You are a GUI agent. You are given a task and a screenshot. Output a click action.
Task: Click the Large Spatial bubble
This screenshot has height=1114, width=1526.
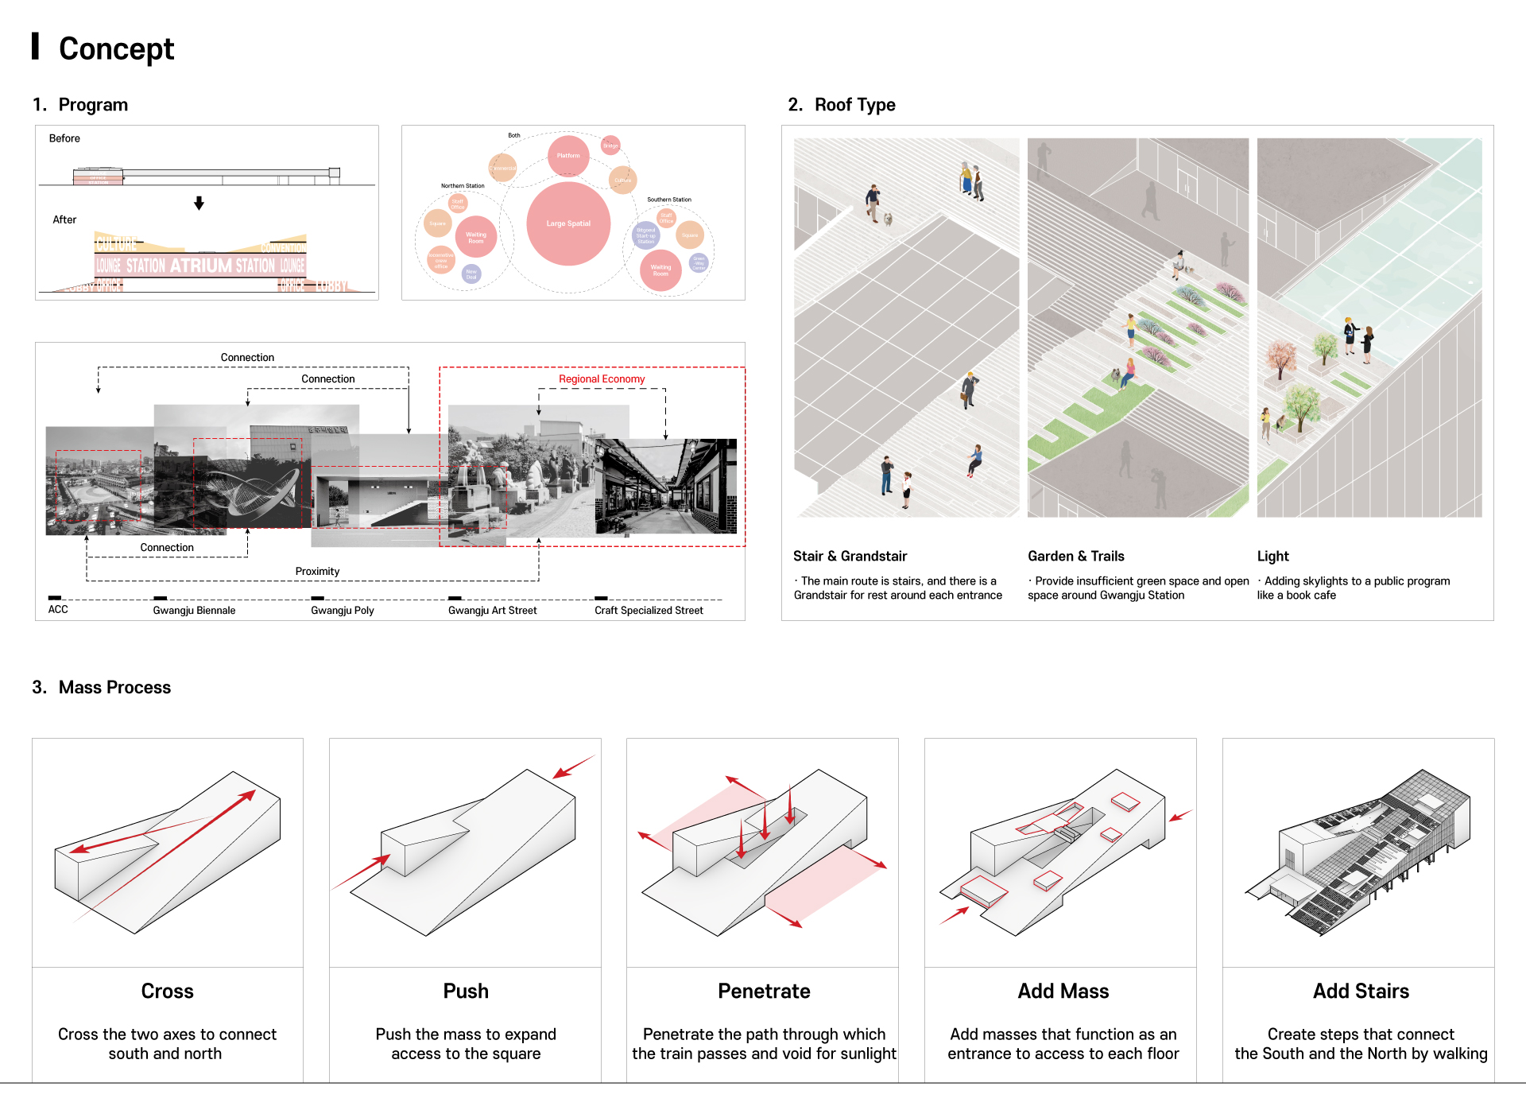568,223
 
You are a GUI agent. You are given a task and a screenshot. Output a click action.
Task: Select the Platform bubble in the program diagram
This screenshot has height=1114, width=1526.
567,156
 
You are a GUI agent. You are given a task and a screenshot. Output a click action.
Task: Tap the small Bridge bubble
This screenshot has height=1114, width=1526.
610,146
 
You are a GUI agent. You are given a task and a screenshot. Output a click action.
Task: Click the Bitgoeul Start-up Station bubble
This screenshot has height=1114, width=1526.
646,235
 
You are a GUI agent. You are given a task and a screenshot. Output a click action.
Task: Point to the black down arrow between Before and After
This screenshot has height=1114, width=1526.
199,204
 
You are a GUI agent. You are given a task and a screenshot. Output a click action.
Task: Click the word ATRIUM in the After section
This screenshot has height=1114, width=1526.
201,266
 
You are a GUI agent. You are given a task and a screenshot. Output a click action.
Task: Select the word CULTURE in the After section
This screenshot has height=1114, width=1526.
116,243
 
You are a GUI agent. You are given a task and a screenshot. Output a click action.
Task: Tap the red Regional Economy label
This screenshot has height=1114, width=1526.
602,379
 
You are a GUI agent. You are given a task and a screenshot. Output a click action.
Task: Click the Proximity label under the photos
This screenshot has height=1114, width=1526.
317,571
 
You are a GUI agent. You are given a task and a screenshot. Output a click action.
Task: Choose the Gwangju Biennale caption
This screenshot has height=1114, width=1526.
194,611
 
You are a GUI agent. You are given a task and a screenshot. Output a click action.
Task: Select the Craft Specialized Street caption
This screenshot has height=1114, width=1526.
649,611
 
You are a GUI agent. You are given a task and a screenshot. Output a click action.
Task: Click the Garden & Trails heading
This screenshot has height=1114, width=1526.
1075,557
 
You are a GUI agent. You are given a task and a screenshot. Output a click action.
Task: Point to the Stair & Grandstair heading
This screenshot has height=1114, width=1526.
850,557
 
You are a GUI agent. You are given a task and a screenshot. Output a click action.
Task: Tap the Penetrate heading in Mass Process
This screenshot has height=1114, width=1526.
764,992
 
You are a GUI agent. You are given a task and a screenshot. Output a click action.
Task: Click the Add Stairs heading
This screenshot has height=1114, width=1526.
1361,992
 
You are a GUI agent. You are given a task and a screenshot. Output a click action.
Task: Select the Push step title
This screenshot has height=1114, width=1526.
466,992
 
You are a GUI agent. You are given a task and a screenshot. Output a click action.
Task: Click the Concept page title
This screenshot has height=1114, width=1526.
116,49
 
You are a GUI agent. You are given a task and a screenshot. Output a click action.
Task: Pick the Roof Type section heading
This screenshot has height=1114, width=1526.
854,105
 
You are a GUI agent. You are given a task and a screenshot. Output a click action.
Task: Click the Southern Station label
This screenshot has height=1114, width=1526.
668,200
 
